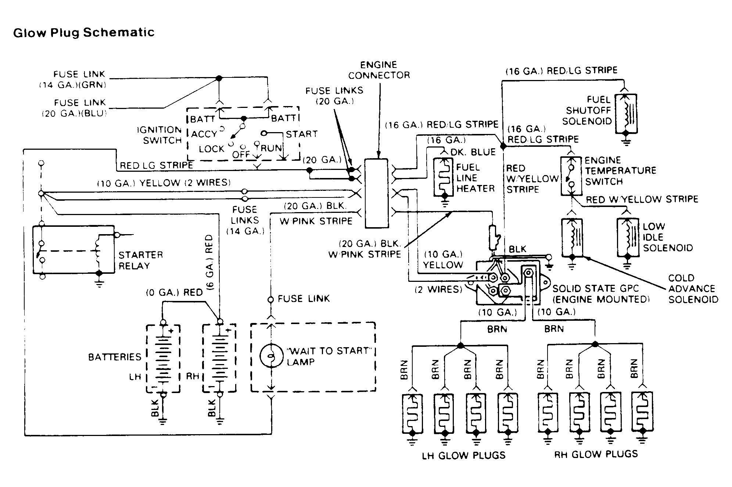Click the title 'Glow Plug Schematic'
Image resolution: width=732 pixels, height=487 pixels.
coord(84,33)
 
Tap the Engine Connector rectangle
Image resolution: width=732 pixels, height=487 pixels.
coord(376,193)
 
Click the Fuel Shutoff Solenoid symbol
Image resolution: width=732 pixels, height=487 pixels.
coord(626,114)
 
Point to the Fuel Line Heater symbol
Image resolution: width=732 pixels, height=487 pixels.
coord(445,178)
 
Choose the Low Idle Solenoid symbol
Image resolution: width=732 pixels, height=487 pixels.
coord(628,237)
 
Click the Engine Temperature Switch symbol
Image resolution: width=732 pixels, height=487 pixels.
coord(571,176)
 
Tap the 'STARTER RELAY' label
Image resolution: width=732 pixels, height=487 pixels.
coord(140,260)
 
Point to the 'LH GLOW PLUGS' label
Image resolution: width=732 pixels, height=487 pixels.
coord(464,455)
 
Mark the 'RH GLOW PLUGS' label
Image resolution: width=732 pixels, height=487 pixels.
coord(596,454)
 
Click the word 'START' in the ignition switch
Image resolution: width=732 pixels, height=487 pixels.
coord(302,134)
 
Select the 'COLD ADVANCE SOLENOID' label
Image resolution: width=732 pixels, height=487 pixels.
coord(693,289)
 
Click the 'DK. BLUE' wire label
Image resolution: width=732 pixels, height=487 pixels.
coord(473,152)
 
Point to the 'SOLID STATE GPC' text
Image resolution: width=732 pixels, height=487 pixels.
coord(596,288)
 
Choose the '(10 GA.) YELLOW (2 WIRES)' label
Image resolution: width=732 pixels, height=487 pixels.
coord(164,183)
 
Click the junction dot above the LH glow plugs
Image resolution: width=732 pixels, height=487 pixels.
coord(460,345)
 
